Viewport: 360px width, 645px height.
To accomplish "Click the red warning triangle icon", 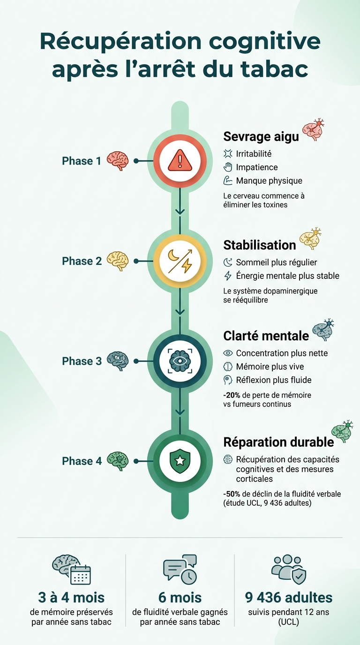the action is click(x=180, y=160).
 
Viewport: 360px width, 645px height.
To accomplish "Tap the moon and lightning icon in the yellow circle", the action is click(x=180, y=261).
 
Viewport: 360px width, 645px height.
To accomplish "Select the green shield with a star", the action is click(x=180, y=461).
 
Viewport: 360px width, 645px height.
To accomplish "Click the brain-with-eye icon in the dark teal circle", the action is click(x=180, y=361).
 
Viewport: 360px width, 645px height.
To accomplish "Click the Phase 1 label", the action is click(x=82, y=161).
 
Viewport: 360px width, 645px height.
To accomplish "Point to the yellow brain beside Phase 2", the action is click(x=118, y=261).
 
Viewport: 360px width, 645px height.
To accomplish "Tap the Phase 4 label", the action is click(x=82, y=461).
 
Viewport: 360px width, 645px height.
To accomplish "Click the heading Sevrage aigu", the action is click(x=261, y=137).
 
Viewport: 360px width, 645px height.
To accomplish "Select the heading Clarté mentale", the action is click(x=266, y=336).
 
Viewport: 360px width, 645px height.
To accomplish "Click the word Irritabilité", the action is click(x=254, y=154).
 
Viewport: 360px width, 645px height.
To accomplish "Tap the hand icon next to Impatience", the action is click(x=228, y=167).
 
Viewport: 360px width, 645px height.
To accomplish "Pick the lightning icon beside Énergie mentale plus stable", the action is click(x=228, y=276).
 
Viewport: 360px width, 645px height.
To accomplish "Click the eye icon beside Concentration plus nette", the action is click(x=228, y=353).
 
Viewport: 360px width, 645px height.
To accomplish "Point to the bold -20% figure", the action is click(x=232, y=395).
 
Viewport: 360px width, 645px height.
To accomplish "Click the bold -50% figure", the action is click(x=232, y=494).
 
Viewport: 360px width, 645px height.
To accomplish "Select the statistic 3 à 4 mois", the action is click(x=71, y=598).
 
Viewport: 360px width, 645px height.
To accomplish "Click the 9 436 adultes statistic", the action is click(x=289, y=598).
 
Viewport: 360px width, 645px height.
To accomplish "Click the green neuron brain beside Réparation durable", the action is click(x=342, y=431).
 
